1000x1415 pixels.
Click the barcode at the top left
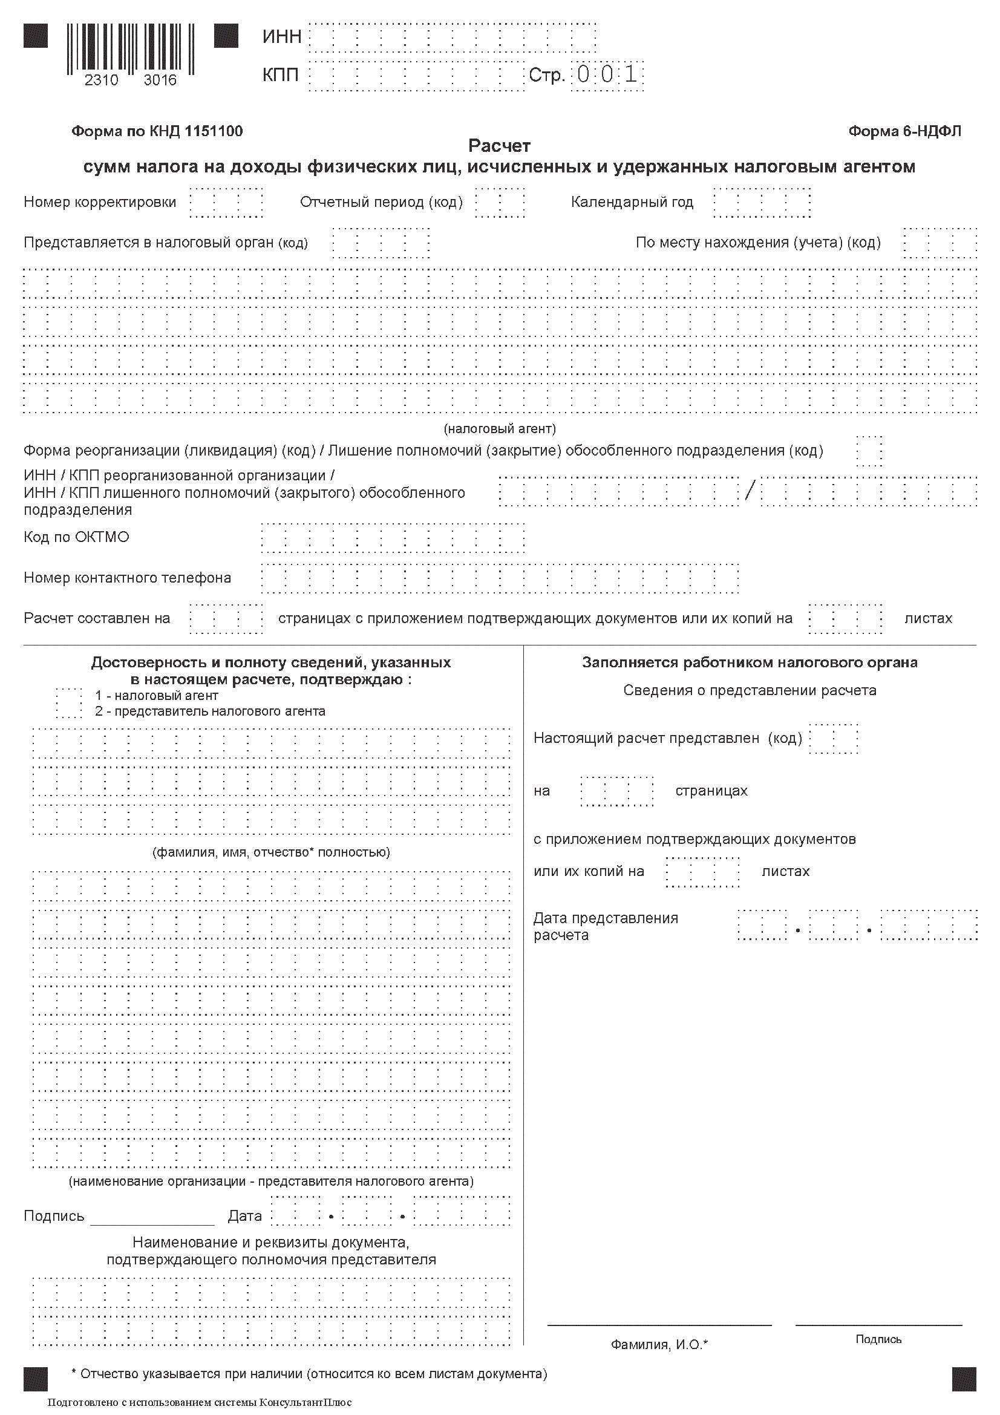[130, 49]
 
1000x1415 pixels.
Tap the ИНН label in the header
[281, 37]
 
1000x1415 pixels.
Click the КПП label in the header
[280, 75]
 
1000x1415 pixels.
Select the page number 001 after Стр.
[607, 75]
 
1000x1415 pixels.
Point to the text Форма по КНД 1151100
[157, 131]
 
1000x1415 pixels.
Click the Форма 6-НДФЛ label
[904, 131]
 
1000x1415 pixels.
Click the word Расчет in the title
[499, 146]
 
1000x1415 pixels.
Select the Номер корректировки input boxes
[226, 203]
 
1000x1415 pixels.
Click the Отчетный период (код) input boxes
[500, 203]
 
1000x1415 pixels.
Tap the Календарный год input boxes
[762, 203]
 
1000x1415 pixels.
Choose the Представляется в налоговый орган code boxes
[381, 243]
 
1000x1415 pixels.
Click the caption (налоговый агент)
[499, 428]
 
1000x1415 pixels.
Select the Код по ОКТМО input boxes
[393, 538]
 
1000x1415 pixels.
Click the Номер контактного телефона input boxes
[500, 579]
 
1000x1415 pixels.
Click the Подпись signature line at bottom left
[152, 1223]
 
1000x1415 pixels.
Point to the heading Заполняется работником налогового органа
[749, 662]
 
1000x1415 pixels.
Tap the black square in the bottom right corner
[964, 1379]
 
